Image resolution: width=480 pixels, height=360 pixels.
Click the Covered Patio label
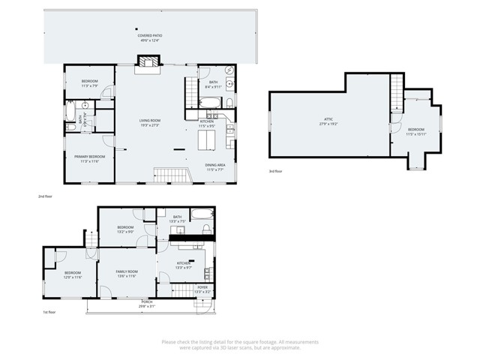click(149, 38)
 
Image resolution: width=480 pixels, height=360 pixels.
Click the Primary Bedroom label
click(89, 158)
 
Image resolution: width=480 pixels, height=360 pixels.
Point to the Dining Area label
click(216, 167)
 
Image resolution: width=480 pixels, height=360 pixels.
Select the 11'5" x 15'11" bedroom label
click(415, 131)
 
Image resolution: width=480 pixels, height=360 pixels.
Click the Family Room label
click(126, 274)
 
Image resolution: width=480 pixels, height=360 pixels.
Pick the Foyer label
click(202, 289)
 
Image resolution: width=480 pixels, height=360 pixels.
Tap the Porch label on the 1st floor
click(148, 303)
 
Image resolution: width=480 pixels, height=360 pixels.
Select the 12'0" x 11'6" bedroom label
click(73, 274)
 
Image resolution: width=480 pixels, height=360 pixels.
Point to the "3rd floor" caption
click(277, 172)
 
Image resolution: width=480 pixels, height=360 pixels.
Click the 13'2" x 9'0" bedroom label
click(125, 229)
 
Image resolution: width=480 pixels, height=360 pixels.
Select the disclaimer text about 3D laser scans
click(240, 344)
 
